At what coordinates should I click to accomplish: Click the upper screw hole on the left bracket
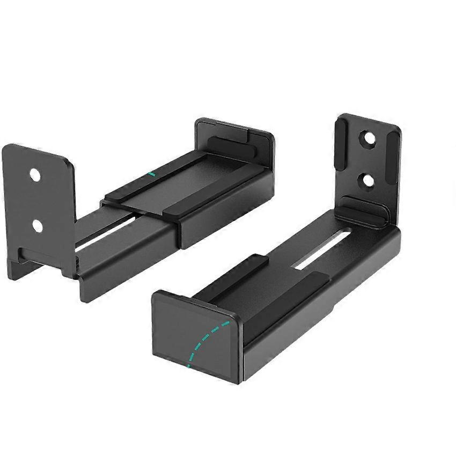tap(35, 175)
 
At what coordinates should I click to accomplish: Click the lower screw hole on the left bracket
tap(37, 226)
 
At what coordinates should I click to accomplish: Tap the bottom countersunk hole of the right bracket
tap(369, 180)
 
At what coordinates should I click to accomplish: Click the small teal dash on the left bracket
tap(152, 174)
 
